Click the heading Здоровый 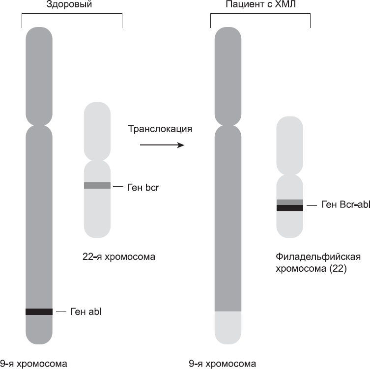click(x=72, y=6)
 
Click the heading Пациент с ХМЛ click(x=260, y=6)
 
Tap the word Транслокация click(x=160, y=130)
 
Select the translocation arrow click(x=162, y=145)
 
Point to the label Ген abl click(x=86, y=312)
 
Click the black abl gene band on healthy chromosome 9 click(x=39, y=312)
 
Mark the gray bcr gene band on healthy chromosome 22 click(x=97, y=186)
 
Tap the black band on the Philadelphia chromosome click(x=289, y=208)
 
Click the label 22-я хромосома click(x=119, y=256)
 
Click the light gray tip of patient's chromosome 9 click(x=228, y=327)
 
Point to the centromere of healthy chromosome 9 click(x=39, y=120)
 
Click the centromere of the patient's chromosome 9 click(x=228, y=120)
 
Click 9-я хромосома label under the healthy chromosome click(x=33, y=364)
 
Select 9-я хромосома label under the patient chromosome click(x=223, y=364)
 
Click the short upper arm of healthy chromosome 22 click(x=97, y=130)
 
